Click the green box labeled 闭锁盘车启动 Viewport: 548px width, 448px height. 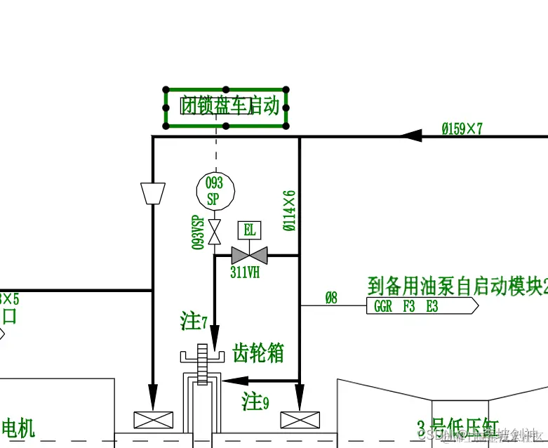click(226, 107)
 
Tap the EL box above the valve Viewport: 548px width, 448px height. click(249, 230)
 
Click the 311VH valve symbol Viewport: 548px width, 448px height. click(249, 255)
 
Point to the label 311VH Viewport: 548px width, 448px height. click(245, 272)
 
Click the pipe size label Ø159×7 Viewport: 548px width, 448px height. click(462, 129)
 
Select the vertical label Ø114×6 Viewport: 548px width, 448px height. click(289, 210)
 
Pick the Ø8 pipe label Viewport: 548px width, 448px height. click(330, 298)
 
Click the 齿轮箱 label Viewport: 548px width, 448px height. click(258, 353)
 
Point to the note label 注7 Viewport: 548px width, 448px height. click(194, 322)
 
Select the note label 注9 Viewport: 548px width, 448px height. click(255, 402)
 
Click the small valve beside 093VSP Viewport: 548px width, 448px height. click(215, 228)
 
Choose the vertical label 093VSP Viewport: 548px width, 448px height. click(198, 232)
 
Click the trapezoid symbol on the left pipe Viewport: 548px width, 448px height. click(153, 193)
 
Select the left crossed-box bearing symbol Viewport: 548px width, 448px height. click(153, 420)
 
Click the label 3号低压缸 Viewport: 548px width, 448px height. click(457, 428)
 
